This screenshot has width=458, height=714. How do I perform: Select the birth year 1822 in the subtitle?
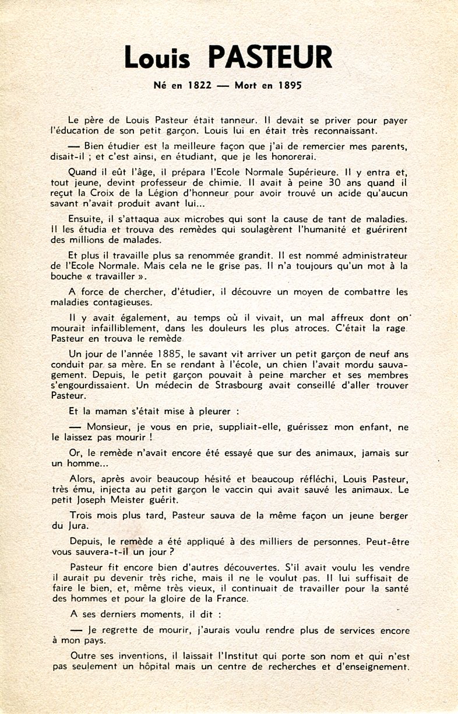(x=199, y=85)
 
